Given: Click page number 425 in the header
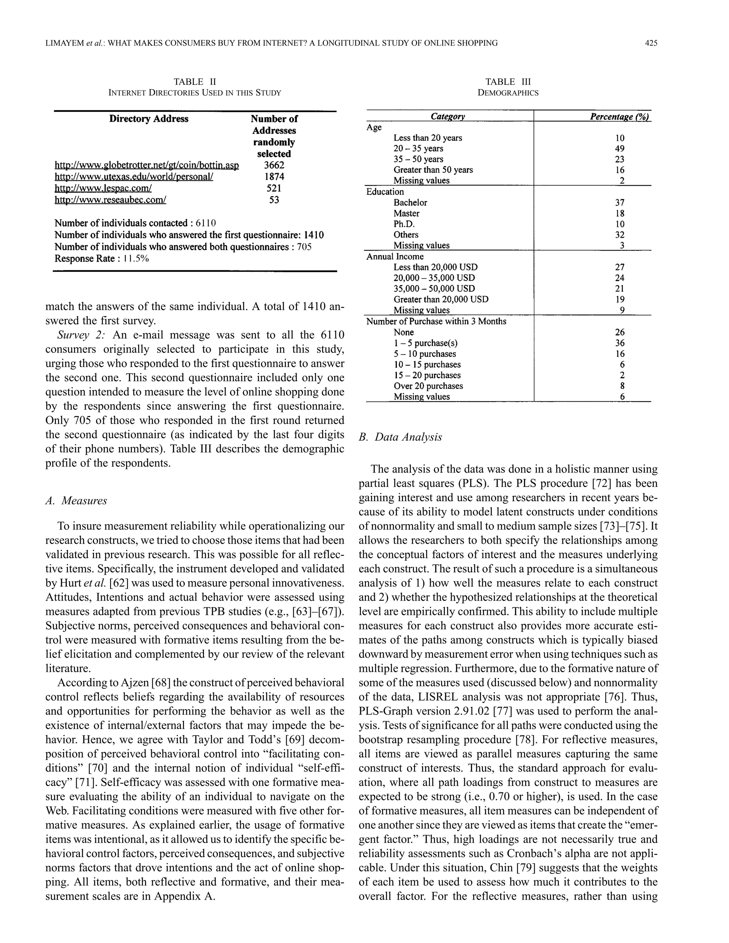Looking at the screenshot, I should [651, 43].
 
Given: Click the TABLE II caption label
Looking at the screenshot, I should [194, 81].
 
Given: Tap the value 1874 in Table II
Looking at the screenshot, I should [274, 177].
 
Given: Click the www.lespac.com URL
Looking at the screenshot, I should [103, 188].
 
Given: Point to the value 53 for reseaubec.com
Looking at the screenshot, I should [274, 200].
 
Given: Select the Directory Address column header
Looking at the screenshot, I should [148, 119].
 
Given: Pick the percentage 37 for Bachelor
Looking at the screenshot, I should [620, 202].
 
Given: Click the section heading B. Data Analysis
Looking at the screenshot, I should [400, 437].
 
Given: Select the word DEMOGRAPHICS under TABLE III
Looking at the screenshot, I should [508, 93].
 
